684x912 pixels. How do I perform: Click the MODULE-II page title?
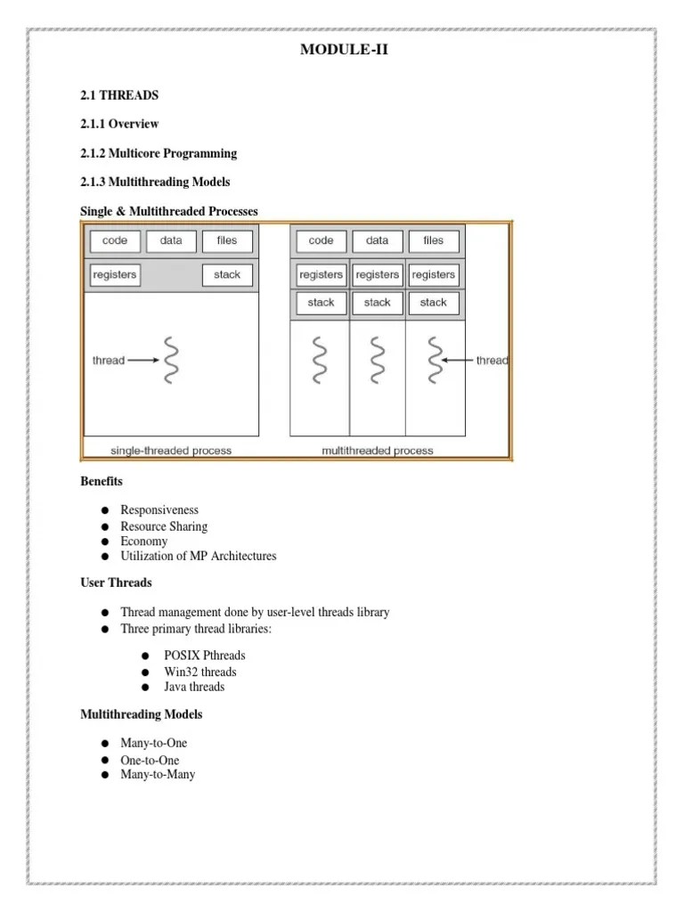pyautogui.click(x=344, y=50)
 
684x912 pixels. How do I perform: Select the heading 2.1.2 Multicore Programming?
pyautogui.click(x=159, y=153)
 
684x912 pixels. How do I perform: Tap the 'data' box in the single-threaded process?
pyautogui.click(x=171, y=240)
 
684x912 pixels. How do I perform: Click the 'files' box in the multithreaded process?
pyautogui.click(x=433, y=240)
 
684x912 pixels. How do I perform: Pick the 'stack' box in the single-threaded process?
pyautogui.click(x=227, y=275)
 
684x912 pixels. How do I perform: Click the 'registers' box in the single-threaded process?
pyautogui.click(x=115, y=275)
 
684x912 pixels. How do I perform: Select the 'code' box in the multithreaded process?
pyautogui.click(x=321, y=240)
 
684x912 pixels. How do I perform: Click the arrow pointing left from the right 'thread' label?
pyautogui.click(x=458, y=361)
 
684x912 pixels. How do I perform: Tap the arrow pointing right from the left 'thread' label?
pyautogui.click(x=143, y=361)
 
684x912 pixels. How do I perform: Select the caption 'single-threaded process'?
pyautogui.click(x=170, y=451)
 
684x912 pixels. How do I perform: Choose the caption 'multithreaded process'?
pyautogui.click(x=378, y=451)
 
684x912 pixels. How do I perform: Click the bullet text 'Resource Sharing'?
pyautogui.click(x=164, y=526)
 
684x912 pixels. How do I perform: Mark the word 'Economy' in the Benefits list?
pyautogui.click(x=144, y=541)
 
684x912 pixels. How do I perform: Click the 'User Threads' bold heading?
pyautogui.click(x=116, y=583)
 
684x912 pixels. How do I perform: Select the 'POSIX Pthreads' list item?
pyautogui.click(x=205, y=655)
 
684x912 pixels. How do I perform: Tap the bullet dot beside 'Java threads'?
pyautogui.click(x=144, y=688)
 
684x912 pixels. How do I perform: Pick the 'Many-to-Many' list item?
pyautogui.click(x=158, y=775)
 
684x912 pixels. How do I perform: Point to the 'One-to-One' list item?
pyautogui.click(x=150, y=760)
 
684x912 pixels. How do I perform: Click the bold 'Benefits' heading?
pyautogui.click(x=102, y=482)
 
